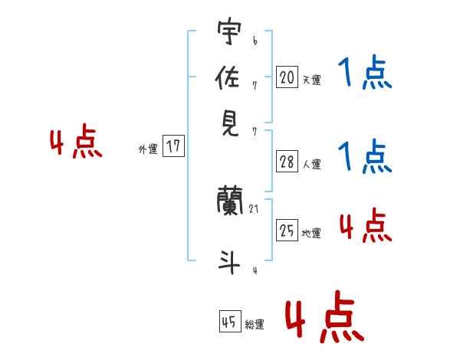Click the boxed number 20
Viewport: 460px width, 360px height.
tap(287, 77)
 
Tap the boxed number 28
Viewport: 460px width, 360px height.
tap(287, 162)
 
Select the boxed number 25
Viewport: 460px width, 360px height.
tap(287, 231)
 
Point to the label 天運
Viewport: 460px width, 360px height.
tap(311, 79)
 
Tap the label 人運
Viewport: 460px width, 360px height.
tap(311, 164)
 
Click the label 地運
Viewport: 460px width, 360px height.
tap(311, 233)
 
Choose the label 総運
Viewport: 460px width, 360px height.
tap(255, 325)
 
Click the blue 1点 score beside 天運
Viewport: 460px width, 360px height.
tap(364, 74)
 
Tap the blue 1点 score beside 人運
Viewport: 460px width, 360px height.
tap(364, 156)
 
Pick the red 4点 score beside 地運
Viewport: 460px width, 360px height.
tap(364, 226)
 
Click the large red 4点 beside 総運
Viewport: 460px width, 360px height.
tap(324, 317)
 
